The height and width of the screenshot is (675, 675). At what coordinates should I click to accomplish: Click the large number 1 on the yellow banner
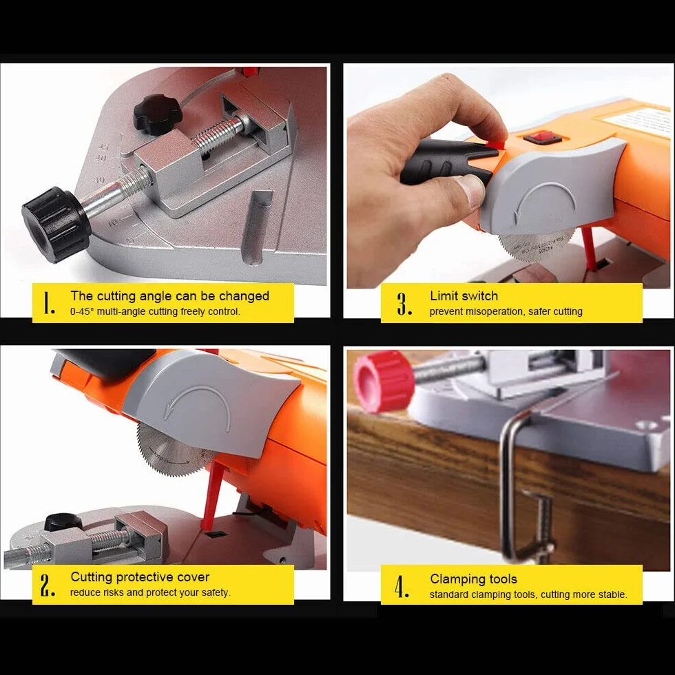click(x=50, y=303)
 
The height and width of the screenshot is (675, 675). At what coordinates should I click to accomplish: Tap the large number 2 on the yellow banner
click(x=48, y=585)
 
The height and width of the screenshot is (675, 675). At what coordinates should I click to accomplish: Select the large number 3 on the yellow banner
click(x=404, y=304)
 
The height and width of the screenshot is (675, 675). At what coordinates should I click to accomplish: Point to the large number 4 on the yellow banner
click(x=402, y=586)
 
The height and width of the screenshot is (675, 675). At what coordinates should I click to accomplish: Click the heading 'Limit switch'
click(x=464, y=295)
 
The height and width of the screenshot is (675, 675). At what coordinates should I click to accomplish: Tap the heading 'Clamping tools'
click(x=474, y=579)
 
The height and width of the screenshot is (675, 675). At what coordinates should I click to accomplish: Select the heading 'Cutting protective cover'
click(x=140, y=577)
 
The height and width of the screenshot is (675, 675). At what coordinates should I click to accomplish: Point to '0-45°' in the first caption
click(x=82, y=311)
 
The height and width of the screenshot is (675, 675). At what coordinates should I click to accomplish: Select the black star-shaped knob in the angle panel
click(x=158, y=114)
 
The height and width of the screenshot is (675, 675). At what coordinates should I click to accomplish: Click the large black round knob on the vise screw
click(x=56, y=225)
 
